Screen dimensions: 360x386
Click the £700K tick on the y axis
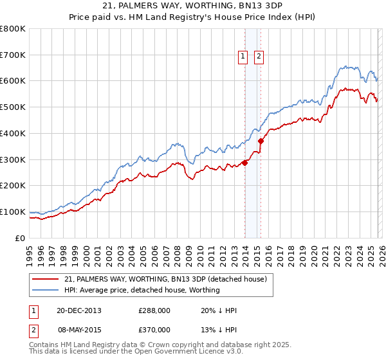click(x=12, y=55)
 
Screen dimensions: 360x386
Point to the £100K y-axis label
click(x=12, y=212)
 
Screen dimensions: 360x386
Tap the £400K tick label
click(x=12, y=133)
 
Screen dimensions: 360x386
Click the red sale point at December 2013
click(x=244, y=163)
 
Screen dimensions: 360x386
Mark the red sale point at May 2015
click(x=261, y=141)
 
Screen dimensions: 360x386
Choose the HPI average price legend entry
click(x=142, y=290)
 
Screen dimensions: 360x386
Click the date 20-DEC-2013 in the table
click(x=78, y=310)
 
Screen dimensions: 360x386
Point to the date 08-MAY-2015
click(x=78, y=328)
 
